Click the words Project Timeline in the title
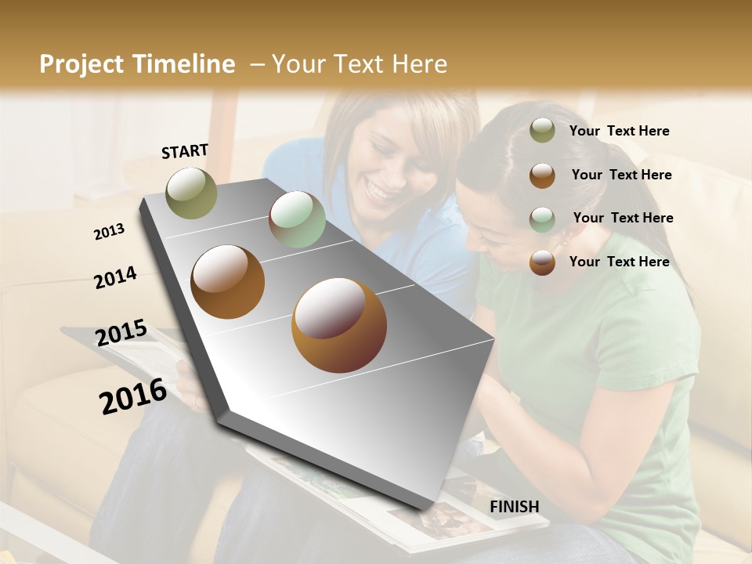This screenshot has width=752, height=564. point(137,64)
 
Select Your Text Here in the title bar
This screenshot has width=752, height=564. point(360,64)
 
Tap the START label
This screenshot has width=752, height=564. point(185,151)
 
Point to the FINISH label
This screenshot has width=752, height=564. point(514,507)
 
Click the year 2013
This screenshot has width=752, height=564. point(110,232)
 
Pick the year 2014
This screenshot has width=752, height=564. point(115,277)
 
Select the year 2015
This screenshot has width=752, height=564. point(121,333)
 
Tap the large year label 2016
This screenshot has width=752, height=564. point(133,396)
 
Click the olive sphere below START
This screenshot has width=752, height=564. point(192,193)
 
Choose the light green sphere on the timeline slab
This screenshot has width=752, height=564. point(297,219)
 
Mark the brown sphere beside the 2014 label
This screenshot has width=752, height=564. point(228,282)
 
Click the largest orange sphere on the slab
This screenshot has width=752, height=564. point(338,325)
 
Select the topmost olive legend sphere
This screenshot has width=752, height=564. point(542,131)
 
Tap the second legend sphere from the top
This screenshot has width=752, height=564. point(542,175)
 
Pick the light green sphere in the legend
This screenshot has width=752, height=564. point(542,219)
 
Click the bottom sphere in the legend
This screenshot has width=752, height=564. point(542,262)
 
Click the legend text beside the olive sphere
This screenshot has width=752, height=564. point(619,131)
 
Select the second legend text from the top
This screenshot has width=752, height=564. point(621,175)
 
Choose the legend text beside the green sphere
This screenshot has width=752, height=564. point(623,218)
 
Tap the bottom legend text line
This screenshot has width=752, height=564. point(619,262)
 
